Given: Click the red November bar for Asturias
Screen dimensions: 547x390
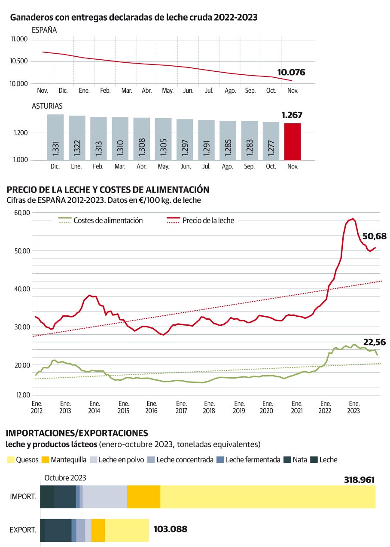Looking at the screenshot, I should click(292, 141).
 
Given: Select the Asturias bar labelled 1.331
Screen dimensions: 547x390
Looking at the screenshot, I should click(55, 137).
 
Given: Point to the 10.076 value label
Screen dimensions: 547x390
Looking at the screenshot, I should click(291, 72).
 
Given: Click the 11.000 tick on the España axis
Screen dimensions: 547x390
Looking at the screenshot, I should click(19, 39).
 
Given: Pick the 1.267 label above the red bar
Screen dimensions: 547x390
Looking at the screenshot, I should click(292, 115).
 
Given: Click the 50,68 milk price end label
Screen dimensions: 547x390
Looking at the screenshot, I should click(375, 236).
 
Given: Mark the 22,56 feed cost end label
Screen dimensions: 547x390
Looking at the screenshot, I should click(374, 342).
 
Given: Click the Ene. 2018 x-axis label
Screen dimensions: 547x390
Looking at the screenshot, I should click(209, 407).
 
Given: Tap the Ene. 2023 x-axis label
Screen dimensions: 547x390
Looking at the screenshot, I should click(353, 407).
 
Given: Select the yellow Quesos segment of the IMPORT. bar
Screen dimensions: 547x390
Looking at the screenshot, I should click(268, 497).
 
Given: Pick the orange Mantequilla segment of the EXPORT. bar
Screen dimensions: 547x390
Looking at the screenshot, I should click(98, 530).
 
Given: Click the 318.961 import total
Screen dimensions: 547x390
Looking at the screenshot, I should click(360, 480).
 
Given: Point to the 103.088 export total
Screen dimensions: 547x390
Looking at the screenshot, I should click(170, 529).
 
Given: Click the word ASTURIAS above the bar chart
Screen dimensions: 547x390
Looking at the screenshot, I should click(47, 106).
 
